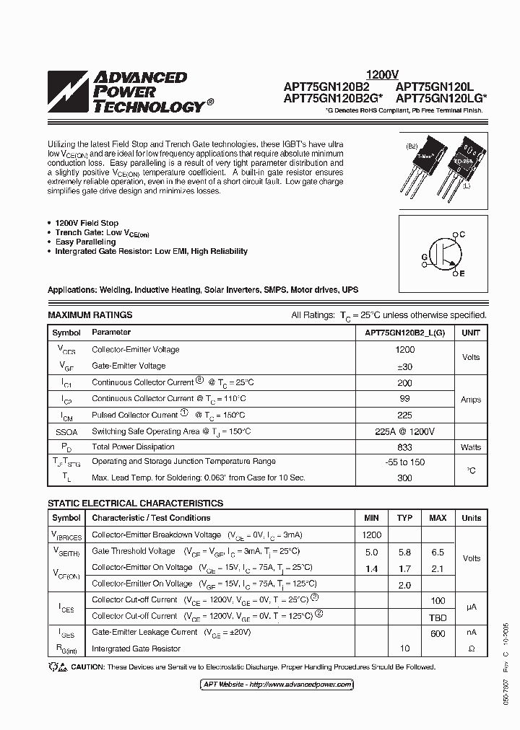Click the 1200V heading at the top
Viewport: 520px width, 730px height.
382,74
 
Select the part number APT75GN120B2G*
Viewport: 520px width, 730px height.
326,98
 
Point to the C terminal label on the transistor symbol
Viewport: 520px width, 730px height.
462,235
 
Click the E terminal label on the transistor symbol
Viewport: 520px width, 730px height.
462,274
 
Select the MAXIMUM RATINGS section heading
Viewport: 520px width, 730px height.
90,315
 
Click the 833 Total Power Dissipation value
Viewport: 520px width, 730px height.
404,447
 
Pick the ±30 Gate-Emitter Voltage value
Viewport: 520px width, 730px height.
404,366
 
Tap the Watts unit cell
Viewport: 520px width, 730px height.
471,447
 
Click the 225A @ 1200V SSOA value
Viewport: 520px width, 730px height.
404,431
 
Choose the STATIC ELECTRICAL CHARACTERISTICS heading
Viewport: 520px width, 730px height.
135,503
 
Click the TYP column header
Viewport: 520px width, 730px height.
404,518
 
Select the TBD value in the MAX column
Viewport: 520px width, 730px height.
438,617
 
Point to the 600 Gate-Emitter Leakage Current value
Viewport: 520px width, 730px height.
438,633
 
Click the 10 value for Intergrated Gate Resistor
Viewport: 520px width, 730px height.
404,648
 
